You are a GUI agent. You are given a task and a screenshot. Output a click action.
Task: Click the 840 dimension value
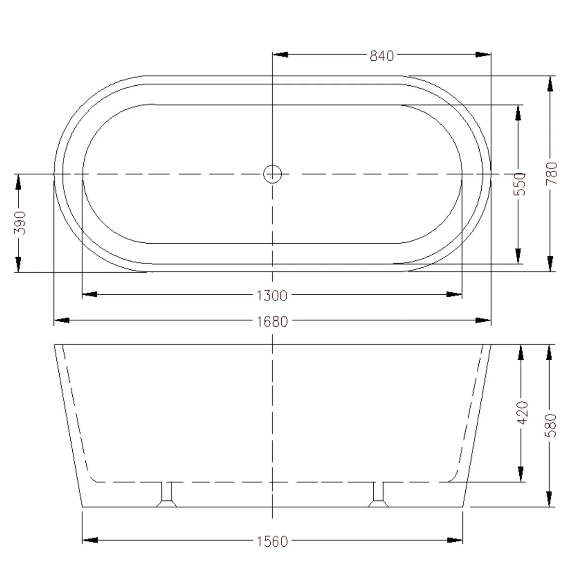coord(381,56)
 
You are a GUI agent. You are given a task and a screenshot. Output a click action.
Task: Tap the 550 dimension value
coord(520,184)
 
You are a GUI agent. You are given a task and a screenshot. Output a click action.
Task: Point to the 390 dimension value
coord(19,223)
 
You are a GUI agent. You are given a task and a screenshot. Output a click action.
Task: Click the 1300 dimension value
coord(273,295)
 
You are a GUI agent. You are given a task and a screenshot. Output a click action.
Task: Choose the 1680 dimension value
coord(273,321)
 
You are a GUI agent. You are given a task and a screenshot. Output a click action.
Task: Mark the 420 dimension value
coord(522,412)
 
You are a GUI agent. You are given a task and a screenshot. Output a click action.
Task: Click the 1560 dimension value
coord(273,541)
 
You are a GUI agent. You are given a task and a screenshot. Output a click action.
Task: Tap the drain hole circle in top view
coord(273,174)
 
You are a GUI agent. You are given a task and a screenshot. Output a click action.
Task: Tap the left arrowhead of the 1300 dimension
coord(90,294)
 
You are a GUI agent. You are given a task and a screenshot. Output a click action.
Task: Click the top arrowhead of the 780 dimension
coord(550,84)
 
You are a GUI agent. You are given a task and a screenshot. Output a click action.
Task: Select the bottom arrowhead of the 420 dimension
coord(520,473)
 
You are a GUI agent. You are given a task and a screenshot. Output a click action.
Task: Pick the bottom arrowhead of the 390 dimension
coord(18,264)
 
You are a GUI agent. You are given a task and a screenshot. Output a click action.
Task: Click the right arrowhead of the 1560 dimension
coord(455,540)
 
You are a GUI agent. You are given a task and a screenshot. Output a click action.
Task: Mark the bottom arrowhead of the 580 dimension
coord(550,498)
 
